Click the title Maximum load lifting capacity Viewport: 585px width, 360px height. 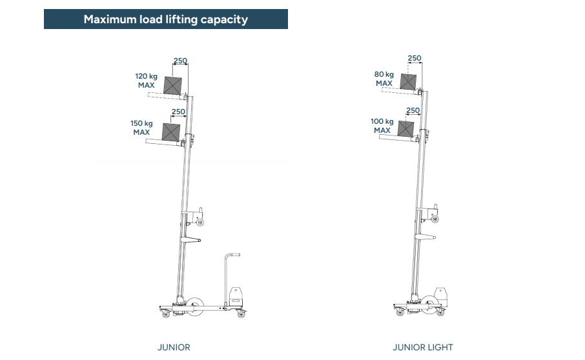click(x=165, y=19)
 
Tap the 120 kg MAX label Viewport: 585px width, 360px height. click(x=145, y=80)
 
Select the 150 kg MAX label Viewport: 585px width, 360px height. click(x=141, y=128)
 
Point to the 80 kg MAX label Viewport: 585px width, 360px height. click(x=384, y=79)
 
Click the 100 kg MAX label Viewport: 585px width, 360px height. click(x=382, y=126)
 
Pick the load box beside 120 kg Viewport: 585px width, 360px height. click(x=173, y=86)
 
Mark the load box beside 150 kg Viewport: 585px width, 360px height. click(x=170, y=132)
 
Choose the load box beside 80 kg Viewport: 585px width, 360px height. click(x=407, y=82)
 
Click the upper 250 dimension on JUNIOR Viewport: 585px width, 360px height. click(x=180, y=61)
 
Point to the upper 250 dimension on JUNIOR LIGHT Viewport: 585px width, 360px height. click(x=414, y=59)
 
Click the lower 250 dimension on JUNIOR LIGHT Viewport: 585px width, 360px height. click(x=413, y=110)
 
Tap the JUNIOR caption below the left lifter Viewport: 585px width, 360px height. click(x=174, y=347)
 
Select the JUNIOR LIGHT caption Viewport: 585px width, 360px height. click(x=423, y=347)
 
